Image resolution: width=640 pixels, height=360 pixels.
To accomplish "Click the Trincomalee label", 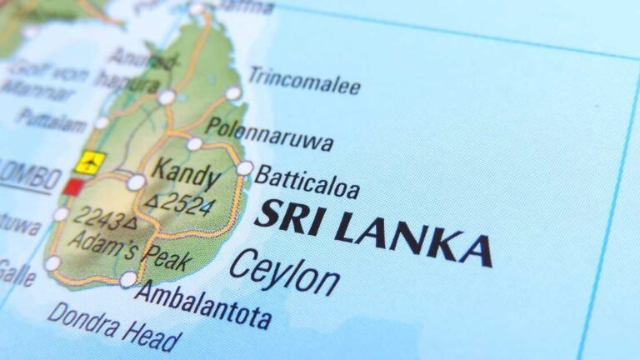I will (305, 81).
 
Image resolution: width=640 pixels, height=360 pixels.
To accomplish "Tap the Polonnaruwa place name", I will (269, 133).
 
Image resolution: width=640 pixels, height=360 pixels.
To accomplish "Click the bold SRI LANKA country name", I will (372, 227).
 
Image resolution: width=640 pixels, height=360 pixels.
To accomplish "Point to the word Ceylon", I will (284, 272).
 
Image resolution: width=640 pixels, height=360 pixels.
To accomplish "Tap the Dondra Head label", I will (113, 326).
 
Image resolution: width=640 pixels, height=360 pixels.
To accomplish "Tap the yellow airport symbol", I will (89, 161).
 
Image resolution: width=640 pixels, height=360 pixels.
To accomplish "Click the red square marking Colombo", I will (74, 187).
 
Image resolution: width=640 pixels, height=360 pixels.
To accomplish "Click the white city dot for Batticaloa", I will (244, 168).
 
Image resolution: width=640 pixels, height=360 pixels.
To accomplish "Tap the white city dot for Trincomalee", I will (233, 93).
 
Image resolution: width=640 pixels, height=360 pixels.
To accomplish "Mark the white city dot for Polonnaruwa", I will (194, 144).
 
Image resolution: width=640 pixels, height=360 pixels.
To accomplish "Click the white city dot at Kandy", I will (136, 182).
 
